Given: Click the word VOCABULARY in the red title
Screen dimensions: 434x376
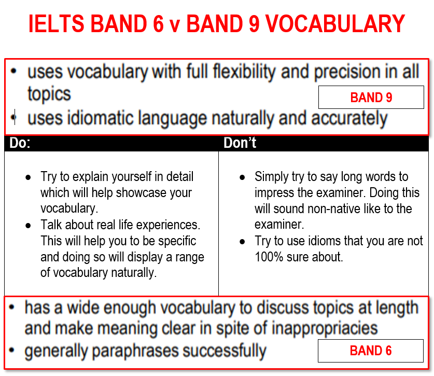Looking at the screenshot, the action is [335, 24].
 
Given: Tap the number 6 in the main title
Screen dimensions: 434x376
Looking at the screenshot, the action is [158, 24].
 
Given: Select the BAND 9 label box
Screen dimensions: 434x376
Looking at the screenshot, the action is [371, 97].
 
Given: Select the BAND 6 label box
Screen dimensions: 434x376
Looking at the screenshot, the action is [371, 351].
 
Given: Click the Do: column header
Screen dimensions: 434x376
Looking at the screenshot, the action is [20, 143].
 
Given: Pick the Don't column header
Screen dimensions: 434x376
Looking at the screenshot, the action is [240, 143].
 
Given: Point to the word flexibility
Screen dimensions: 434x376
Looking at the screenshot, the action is [244, 72].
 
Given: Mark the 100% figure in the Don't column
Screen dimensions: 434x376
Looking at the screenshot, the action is [269, 257].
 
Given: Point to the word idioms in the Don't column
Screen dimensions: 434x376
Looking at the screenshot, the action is [325, 241].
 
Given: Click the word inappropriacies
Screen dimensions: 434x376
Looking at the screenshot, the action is [325, 328].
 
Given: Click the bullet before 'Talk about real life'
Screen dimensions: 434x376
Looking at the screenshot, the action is [28, 226].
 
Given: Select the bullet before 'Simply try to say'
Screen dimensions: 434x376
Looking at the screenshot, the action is [242, 177].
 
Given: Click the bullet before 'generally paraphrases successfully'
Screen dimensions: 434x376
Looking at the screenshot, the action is [11, 350].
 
